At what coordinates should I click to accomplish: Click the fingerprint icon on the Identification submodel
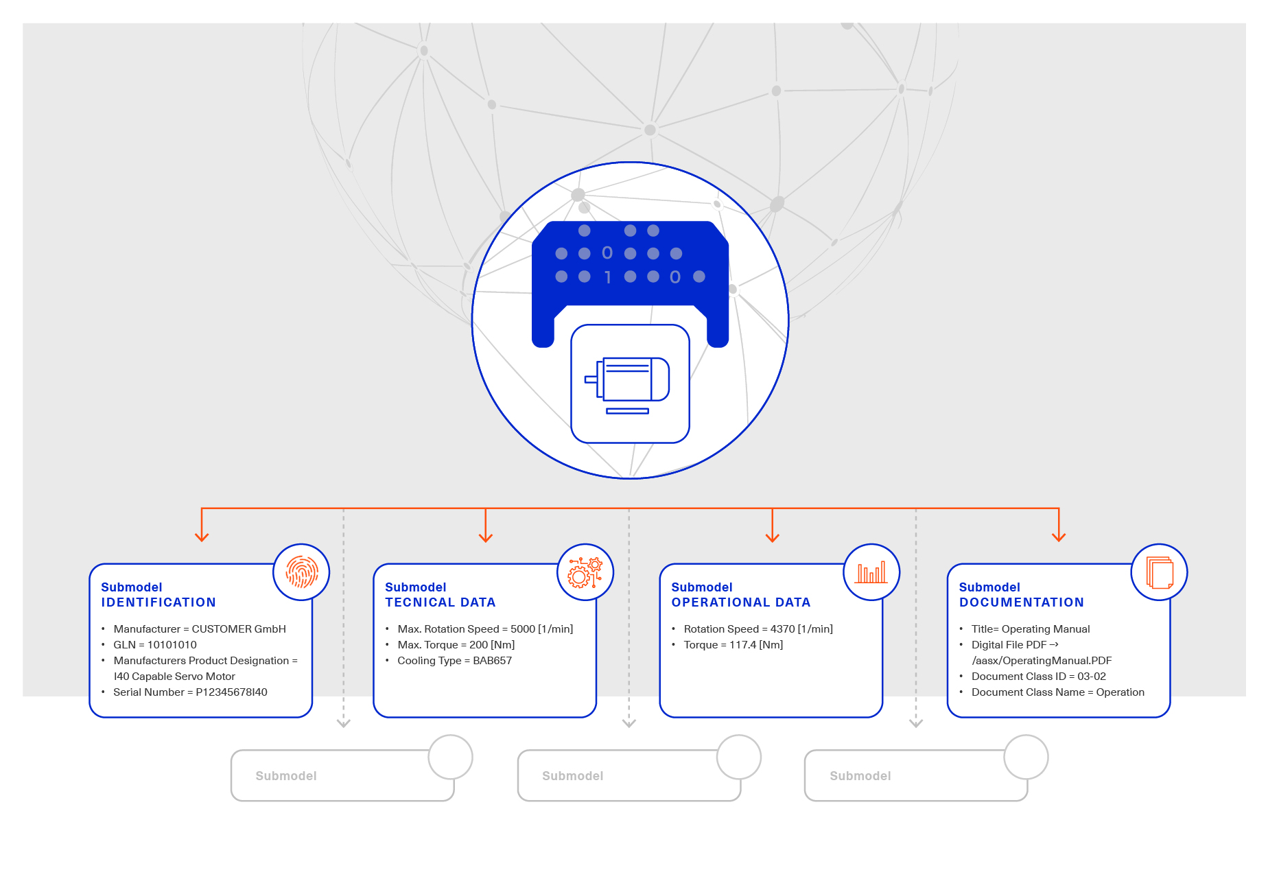[301, 572]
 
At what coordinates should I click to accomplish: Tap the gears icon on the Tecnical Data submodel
[585, 572]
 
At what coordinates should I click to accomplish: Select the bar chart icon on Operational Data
[871, 572]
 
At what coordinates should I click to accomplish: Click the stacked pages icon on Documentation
[1159, 572]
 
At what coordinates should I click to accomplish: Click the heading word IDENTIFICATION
[158, 602]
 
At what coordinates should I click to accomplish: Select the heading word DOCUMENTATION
[1021, 602]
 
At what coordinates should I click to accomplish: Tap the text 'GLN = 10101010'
[155, 645]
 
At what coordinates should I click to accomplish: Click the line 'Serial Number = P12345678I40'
[190, 692]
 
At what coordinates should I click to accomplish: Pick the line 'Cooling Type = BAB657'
[454, 661]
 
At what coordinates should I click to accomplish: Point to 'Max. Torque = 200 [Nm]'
[456, 645]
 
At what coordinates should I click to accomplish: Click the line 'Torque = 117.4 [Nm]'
[733, 645]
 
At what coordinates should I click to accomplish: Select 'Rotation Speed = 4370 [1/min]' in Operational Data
[758, 629]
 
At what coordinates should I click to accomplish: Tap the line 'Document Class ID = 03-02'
[1038, 677]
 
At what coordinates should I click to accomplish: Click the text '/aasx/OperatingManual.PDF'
[1042, 661]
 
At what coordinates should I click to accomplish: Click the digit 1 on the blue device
[607, 277]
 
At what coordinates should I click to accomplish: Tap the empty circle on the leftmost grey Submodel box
[451, 757]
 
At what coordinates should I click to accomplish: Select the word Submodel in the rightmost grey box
[860, 776]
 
